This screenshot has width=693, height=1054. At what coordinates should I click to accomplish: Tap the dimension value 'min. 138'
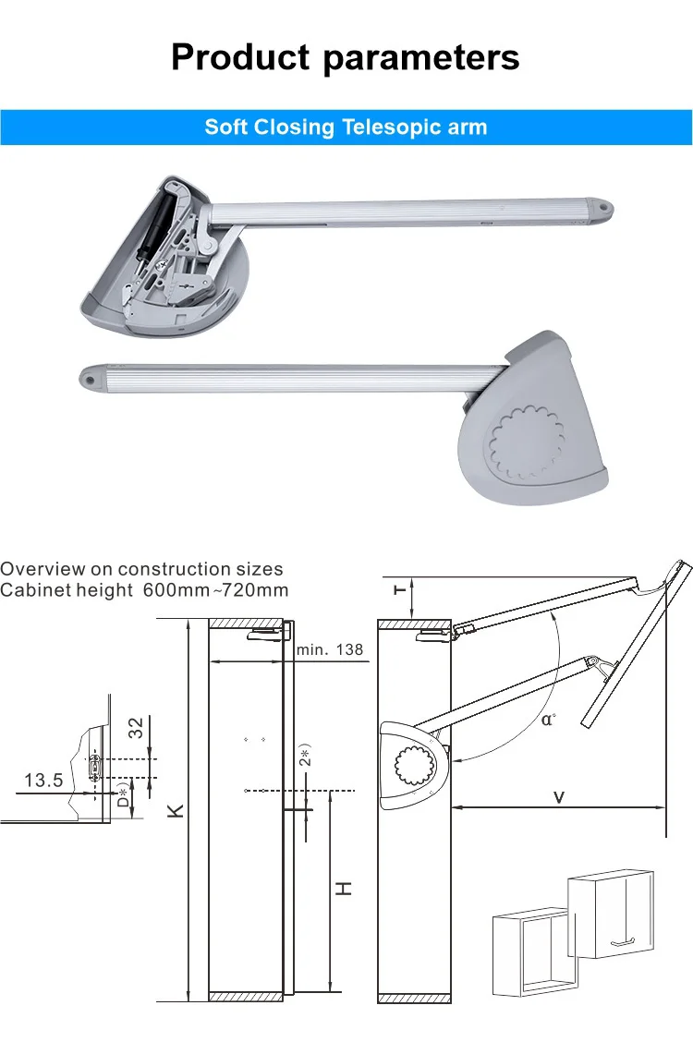pos(330,650)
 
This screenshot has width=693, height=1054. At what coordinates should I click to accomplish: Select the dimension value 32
pos(136,728)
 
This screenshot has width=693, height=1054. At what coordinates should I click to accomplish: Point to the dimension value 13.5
pos(43,781)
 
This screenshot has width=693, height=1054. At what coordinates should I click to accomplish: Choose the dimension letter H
pos(343,889)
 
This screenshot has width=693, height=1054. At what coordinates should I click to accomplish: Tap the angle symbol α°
pos(548,718)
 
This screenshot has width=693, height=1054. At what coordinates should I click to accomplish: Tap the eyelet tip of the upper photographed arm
pos(602,210)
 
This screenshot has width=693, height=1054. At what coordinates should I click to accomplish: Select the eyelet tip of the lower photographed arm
pos(90,377)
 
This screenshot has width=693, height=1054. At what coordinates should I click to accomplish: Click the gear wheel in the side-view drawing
pos(411,766)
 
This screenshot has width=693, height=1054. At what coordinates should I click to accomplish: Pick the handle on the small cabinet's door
pos(626,940)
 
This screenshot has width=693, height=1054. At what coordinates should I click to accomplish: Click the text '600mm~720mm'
pos(216,590)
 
